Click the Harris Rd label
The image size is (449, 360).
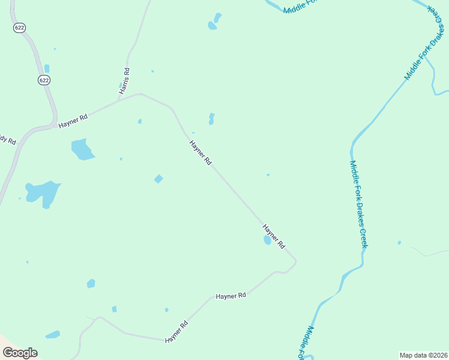(125, 80)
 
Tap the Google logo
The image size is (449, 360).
(20, 353)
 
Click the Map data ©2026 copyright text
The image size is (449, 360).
(423, 355)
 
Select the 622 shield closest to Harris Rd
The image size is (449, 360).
(44, 80)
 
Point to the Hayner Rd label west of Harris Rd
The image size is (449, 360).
(73, 121)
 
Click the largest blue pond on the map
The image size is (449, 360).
(43, 193)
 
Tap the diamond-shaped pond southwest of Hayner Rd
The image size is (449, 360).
(158, 179)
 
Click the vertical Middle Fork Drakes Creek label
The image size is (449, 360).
(358, 204)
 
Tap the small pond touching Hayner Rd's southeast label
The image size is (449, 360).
(267, 240)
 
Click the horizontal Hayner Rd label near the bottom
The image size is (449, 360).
(231, 296)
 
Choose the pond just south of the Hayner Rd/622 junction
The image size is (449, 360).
(82, 149)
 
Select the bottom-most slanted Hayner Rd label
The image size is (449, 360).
(176, 331)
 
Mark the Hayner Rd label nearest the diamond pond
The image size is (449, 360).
(200, 153)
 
